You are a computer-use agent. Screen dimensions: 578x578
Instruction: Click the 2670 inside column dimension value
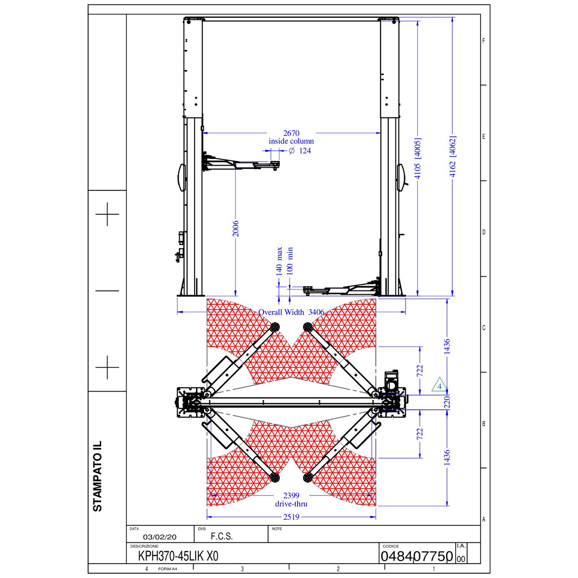pyautogui.click(x=291, y=133)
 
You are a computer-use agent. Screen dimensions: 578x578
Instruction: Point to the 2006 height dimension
pyautogui.click(x=236, y=229)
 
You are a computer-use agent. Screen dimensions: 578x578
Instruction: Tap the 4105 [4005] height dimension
pyautogui.click(x=418, y=158)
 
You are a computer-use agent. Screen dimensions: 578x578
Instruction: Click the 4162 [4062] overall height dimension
pyautogui.click(x=453, y=157)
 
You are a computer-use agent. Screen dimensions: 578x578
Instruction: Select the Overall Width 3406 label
pyautogui.click(x=291, y=312)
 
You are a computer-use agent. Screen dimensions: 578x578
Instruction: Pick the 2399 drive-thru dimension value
pyautogui.click(x=291, y=496)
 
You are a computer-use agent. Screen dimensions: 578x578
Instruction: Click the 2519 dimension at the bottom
pyautogui.click(x=291, y=517)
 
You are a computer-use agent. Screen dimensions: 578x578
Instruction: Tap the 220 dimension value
pyautogui.click(x=447, y=401)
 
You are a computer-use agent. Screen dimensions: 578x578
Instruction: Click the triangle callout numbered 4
pyautogui.click(x=439, y=386)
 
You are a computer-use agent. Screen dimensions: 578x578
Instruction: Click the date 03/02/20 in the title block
pyautogui.click(x=159, y=537)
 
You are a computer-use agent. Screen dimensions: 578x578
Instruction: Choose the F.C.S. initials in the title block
pyautogui.click(x=222, y=537)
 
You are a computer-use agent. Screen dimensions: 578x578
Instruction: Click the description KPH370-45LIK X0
pyautogui.click(x=178, y=556)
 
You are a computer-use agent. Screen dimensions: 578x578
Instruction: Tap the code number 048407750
pyautogui.click(x=417, y=556)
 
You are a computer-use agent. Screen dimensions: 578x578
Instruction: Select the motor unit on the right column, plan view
pyautogui.click(x=393, y=383)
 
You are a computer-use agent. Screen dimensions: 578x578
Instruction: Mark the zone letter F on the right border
pyautogui.click(x=484, y=41)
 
